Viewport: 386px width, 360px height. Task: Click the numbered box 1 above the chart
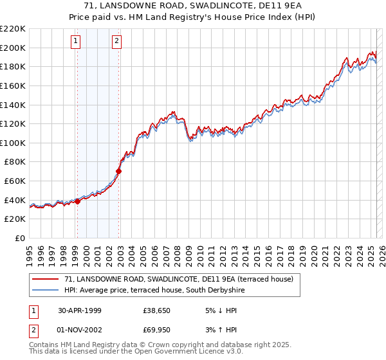[76, 42]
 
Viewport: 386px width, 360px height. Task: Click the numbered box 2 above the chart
[116, 42]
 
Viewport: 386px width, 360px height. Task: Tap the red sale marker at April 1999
[77, 201]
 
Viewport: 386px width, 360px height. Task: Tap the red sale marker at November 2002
[118, 171]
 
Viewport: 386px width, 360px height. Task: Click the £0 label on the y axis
[19, 238]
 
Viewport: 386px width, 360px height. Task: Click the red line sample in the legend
[46, 279]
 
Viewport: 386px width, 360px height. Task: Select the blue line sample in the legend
[46, 290]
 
